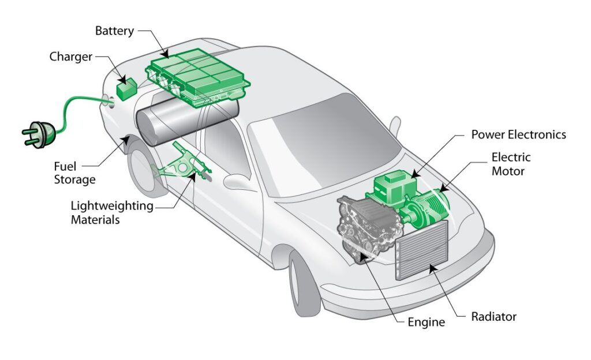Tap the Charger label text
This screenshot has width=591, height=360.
coord(70,57)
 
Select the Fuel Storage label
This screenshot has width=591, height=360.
coord(74,172)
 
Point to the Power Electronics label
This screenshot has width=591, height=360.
coord(518,134)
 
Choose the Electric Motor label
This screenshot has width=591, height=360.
coord(511,164)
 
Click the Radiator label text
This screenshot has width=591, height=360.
coord(493,317)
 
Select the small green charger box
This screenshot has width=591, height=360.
coord(125,89)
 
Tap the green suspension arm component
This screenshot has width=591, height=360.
coord(179,167)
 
